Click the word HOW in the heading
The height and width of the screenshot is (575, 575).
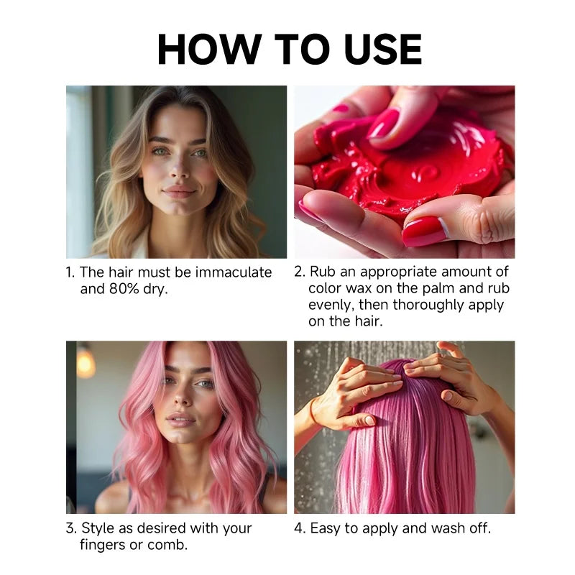[205, 49]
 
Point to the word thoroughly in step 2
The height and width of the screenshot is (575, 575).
[423, 305]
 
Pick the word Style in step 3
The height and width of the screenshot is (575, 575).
[98, 528]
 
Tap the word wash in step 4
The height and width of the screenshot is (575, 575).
[429, 528]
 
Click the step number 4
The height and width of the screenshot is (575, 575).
[298, 528]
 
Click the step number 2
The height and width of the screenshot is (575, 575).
[298, 272]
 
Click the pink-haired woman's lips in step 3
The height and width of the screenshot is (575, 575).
[180, 418]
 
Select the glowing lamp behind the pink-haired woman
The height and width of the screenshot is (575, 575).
[86, 363]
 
